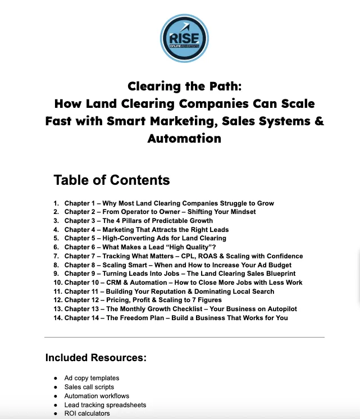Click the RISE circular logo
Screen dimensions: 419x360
pyautogui.click(x=184, y=37)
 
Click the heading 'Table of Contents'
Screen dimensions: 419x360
pyautogui.click(x=111, y=180)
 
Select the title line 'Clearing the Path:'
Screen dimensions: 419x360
pyautogui.click(x=184, y=86)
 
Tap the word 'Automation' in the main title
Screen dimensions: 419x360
pyautogui.click(x=184, y=138)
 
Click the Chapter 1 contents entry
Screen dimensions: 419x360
pyautogui.click(x=169, y=203)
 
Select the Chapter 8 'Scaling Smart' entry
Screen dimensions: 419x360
pyautogui.click(x=176, y=265)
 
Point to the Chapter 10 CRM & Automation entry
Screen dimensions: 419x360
pyautogui.click(x=183, y=283)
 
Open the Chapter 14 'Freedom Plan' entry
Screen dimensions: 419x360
pyautogui.click(x=176, y=318)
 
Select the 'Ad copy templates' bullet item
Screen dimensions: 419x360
pyautogui.click(x=92, y=378)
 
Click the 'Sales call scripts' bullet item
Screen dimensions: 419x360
pyautogui.click(x=89, y=387)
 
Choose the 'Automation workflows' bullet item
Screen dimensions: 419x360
pyautogui.click(x=97, y=396)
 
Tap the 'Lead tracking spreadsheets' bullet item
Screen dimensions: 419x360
pyautogui.click(x=105, y=405)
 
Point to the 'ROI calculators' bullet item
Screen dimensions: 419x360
pyautogui.click(x=87, y=414)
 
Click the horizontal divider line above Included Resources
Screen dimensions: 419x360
pyautogui.click(x=184, y=337)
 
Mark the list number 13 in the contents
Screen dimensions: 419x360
pyautogui.click(x=57, y=309)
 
